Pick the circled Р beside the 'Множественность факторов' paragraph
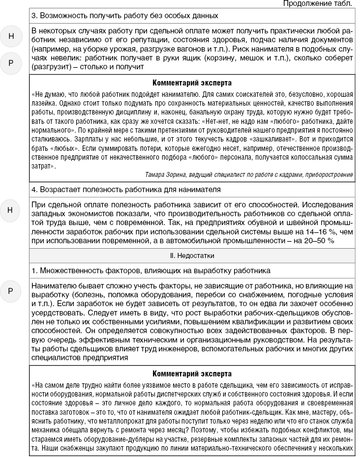[10, 290]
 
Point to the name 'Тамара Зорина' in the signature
[165, 174]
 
